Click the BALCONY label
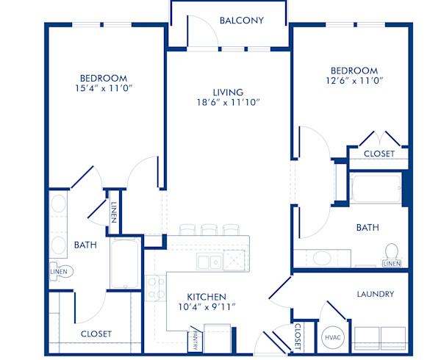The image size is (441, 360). (241, 21)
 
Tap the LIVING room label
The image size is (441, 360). (229, 92)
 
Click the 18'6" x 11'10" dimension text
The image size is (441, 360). (229, 104)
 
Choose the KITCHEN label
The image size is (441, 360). (205, 296)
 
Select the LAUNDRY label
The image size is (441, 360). (376, 294)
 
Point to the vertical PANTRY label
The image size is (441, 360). (195, 340)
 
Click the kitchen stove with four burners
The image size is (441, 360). (156, 287)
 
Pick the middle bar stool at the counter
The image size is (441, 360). (209, 229)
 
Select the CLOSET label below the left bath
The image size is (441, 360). (96, 334)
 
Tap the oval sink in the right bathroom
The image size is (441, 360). (321, 259)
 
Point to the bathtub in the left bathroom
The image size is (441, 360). (123, 264)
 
